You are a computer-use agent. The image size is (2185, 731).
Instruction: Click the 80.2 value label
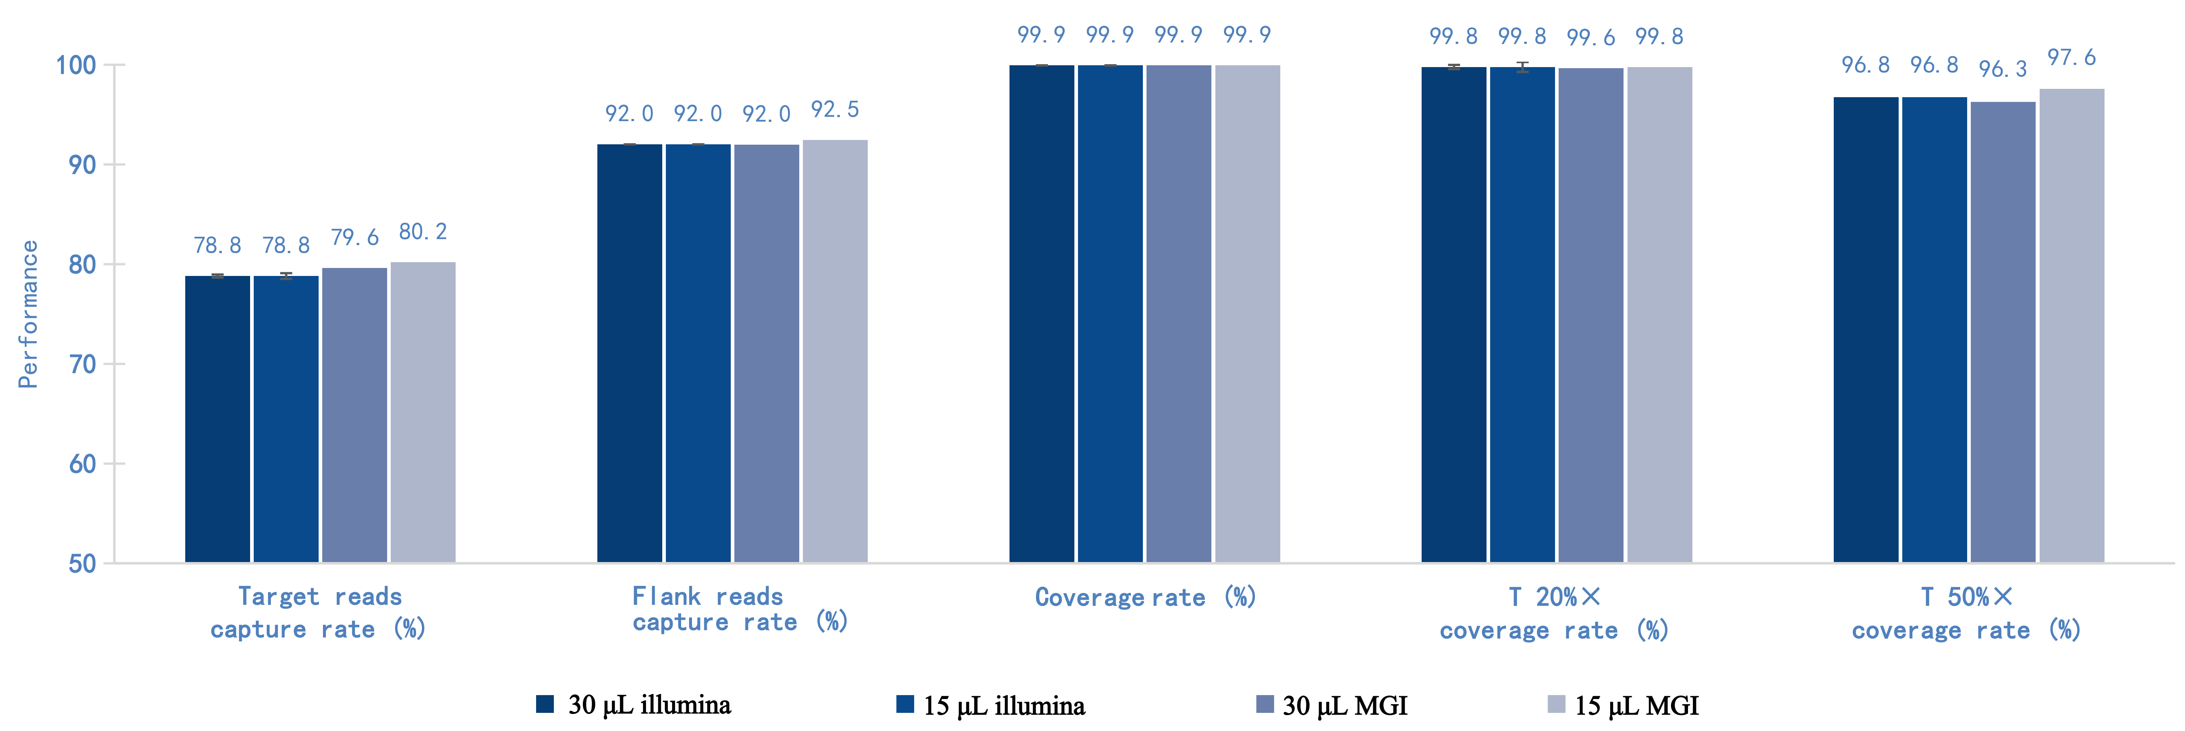[422, 231]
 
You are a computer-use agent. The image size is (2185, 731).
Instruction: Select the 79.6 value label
[355, 238]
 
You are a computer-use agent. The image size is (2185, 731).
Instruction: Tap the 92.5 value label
[835, 110]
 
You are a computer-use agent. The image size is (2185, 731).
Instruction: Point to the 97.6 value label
[2071, 58]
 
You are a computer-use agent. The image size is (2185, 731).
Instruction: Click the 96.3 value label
[2003, 69]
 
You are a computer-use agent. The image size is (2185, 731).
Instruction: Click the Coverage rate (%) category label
[1145, 597]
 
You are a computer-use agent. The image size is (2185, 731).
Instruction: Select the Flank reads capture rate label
[740, 609]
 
